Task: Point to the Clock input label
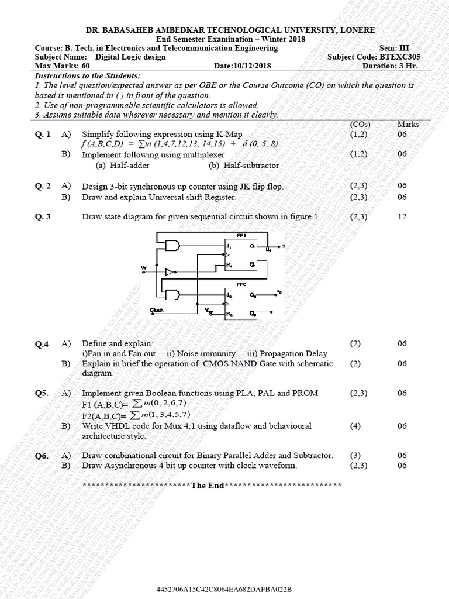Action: [x=156, y=309]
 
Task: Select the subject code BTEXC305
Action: [x=400, y=57]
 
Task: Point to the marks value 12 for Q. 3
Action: [x=402, y=217]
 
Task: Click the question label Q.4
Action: [x=42, y=344]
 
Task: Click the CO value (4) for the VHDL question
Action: [x=355, y=426]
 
